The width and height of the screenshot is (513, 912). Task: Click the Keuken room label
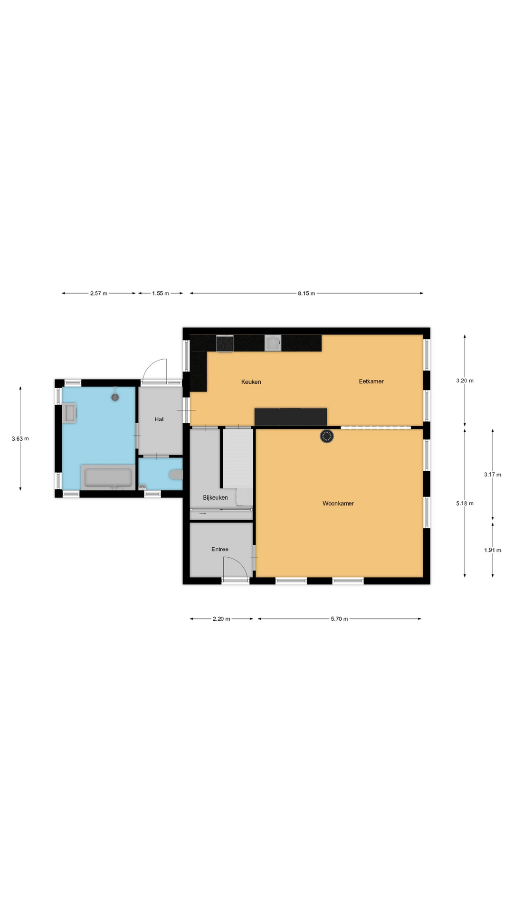tap(251, 382)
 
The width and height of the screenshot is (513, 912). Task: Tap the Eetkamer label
tap(371, 381)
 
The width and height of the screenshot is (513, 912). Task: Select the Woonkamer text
tap(338, 503)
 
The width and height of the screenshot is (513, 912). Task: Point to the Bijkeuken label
tap(215, 498)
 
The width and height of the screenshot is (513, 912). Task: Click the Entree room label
tap(220, 550)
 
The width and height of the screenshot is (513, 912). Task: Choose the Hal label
tap(159, 419)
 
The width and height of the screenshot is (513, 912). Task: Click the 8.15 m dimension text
tap(306, 294)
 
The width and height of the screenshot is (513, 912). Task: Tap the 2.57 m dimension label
tap(99, 294)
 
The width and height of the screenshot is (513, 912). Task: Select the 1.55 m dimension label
tap(161, 294)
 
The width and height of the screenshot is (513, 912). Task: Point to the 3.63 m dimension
tap(20, 439)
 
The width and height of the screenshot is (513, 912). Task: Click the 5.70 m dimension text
tap(340, 619)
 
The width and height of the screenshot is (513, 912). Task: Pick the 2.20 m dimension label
tap(221, 619)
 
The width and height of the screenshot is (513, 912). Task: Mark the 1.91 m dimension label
tap(493, 551)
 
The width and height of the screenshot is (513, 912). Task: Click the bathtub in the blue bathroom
tap(108, 477)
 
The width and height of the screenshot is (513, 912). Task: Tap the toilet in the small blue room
tap(176, 475)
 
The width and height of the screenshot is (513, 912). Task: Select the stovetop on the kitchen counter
tap(225, 343)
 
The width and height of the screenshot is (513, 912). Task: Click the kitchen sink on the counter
tap(273, 343)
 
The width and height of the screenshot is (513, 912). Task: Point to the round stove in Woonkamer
tap(327, 436)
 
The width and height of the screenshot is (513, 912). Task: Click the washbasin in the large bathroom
tap(69, 413)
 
